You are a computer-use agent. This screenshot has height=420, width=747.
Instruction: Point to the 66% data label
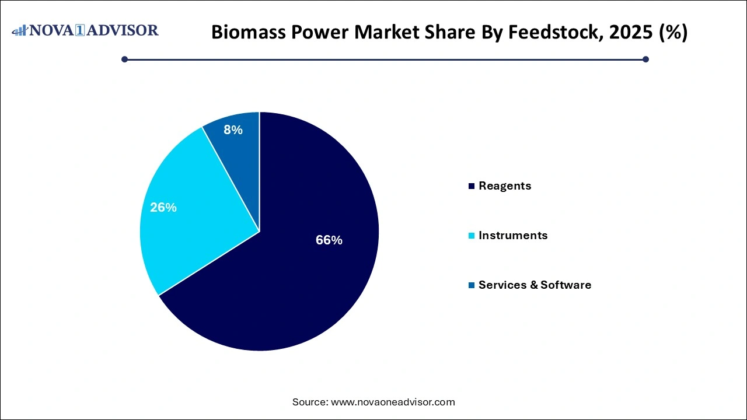(x=329, y=240)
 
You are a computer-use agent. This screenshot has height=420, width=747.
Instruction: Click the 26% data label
(x=163, y=207)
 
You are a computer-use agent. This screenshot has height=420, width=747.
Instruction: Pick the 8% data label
(x=233, y=130)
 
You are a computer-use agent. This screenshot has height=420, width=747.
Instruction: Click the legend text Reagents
(x=505, y=185)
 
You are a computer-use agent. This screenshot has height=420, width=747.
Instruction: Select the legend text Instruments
(x=513, y=235)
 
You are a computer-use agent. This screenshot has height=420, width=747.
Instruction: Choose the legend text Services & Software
(x=535, y=285)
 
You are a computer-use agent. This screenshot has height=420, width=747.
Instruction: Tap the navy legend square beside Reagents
(x=471, y=186)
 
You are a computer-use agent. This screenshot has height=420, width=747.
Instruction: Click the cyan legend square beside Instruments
(x=471, y=236)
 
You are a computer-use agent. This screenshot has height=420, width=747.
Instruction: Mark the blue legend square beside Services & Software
(x=471, y=285)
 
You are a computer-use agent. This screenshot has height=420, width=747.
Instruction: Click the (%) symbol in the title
(x=672, y=33)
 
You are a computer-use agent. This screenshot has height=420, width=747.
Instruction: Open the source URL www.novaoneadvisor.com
(x=393, y=402)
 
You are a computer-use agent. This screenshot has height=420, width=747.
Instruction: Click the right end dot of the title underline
(x=645, y=59)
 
